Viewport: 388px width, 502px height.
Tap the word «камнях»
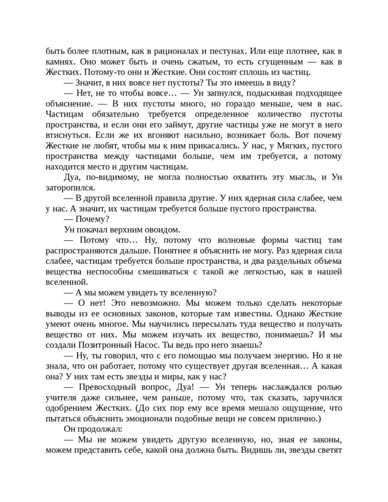click(x=60, y=61)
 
